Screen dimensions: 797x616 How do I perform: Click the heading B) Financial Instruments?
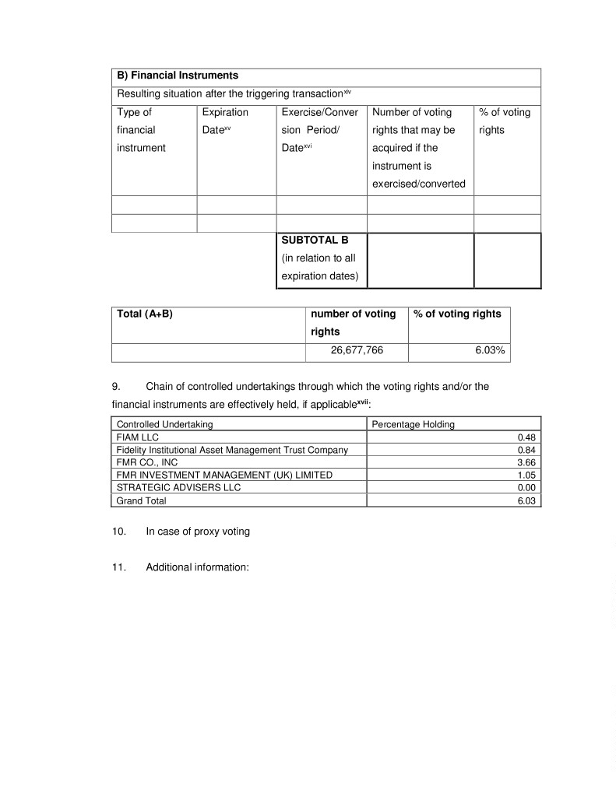coord(178,75)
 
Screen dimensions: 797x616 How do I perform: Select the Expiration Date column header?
coord(224,121)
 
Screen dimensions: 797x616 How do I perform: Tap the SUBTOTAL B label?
coord(308,240)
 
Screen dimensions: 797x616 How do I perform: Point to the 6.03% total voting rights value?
coord(490,351)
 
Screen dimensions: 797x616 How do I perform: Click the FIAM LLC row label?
coord(137,437)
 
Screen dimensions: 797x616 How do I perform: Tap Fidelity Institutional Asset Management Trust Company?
coord(232,450)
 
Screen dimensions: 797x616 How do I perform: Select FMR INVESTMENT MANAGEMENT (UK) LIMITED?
coord(224,475)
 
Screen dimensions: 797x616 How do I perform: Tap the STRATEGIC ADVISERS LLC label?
coord(178,487)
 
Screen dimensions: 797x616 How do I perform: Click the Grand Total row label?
coord(141,501)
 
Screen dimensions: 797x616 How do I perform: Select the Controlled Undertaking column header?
coord(164,425)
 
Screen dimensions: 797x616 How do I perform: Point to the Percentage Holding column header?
coord(413,425)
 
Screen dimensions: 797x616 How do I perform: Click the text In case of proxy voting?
coord(198,532)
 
